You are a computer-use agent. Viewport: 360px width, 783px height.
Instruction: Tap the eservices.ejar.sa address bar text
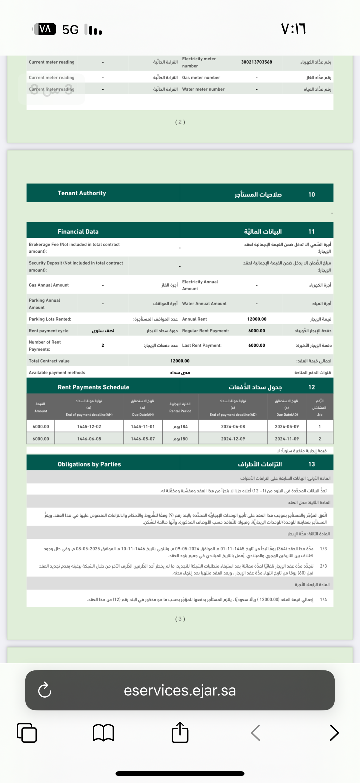[180, 691]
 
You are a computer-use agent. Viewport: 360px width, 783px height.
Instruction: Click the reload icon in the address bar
[45, 690]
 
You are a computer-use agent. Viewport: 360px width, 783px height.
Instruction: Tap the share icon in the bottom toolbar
[180, 733]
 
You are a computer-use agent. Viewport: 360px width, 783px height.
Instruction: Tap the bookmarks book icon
[103, 733]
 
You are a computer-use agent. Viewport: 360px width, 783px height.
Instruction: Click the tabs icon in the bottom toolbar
[27, 733]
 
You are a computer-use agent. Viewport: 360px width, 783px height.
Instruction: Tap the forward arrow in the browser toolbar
[334, 733]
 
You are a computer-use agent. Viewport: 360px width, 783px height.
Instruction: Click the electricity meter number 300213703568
[256, 62]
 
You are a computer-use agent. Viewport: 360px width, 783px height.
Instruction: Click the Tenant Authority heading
[82, 193]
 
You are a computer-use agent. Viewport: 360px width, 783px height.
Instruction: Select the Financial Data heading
[78, 232]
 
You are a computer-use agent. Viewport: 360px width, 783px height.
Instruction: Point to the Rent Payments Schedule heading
[93, 387]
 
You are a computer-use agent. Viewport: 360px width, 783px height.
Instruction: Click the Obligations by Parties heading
[89, 464]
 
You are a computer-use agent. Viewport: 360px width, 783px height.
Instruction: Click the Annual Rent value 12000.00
[257, 319]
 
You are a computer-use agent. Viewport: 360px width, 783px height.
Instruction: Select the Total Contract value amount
[180, 361]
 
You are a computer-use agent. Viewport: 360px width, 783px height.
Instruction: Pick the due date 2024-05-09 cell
[287, 426]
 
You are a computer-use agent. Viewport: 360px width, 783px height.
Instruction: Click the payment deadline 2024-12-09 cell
[233, 439]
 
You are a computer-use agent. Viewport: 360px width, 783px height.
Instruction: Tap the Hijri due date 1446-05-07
[143, 439]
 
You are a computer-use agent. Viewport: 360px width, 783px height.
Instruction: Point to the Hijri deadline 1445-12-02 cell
[89, 426]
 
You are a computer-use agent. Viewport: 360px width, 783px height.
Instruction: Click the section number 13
[311, 464]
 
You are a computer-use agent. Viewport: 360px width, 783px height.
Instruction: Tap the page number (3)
[180, 619]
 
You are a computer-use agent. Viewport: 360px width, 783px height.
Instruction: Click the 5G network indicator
[70, 30]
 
